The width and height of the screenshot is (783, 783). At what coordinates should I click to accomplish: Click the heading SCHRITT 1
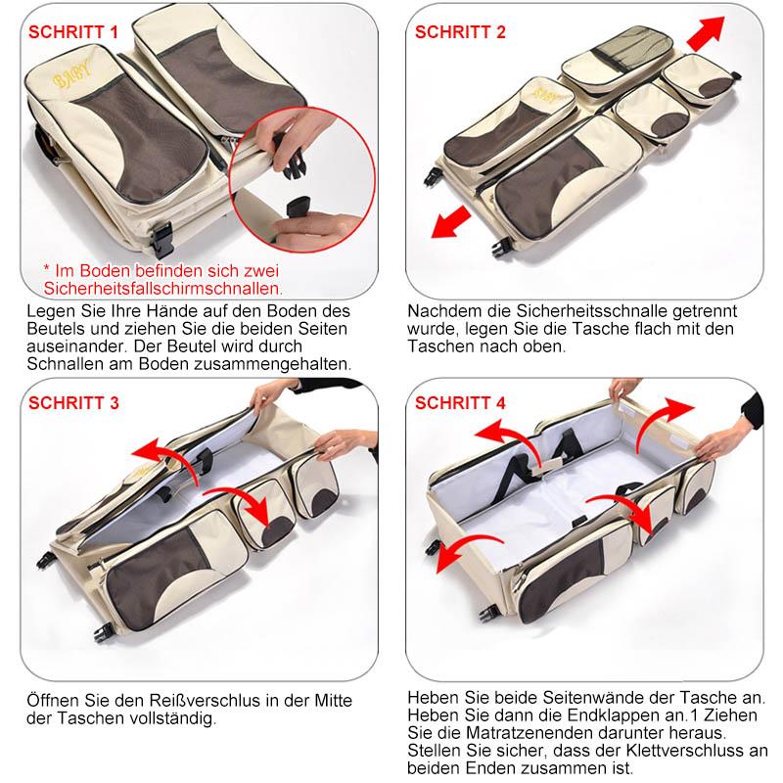(73, 32)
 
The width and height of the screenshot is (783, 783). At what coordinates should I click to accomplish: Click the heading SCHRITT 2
(460, 32)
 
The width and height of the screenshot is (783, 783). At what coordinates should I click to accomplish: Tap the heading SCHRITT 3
(73, 403)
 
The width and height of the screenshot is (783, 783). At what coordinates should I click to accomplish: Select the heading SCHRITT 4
(460, 403)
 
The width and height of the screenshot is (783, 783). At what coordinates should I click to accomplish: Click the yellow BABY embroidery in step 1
(71, 74)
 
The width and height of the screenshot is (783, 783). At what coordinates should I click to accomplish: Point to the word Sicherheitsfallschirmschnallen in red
(162, 289)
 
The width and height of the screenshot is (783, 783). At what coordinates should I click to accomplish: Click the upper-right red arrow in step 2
(706, 33)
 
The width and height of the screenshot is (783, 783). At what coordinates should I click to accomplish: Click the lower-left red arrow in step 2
(450, 223)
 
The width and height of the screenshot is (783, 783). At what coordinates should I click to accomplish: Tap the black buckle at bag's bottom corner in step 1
(162, 240)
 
